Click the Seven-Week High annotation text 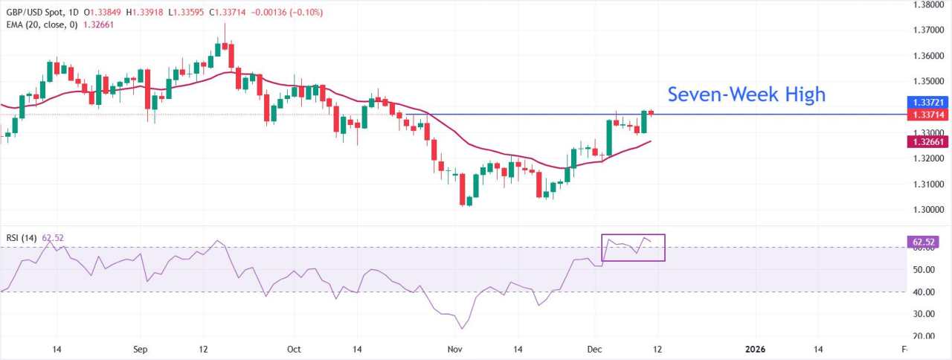point(746,94)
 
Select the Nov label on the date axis point(451,349)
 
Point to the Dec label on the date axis point(594,349)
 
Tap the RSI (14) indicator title point(23,238)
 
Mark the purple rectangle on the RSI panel point(633,248)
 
